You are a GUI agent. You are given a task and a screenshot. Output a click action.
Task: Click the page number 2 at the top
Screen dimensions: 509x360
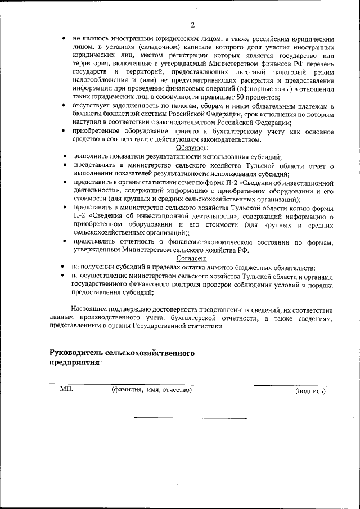[x=192, y=25]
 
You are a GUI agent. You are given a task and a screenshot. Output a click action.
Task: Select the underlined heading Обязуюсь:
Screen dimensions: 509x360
[x=192, y=147]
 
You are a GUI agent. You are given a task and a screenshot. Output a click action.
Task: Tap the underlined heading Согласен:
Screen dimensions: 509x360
[x=192, y=258]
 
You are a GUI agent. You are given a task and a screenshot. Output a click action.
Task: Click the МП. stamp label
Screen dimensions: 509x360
[x=66, y=389]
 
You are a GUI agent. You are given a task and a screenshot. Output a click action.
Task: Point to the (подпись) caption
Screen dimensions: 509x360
[x=310, y=391]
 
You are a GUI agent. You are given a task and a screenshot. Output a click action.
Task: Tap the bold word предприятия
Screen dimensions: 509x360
[x=74, y=363]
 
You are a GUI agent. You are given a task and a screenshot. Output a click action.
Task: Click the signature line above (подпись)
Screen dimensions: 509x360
[x=289, y=385]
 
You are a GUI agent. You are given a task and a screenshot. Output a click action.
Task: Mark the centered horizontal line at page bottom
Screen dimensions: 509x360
[x=190, y=418]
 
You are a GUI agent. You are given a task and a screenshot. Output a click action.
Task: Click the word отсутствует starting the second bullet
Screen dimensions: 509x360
[x=94, y=106]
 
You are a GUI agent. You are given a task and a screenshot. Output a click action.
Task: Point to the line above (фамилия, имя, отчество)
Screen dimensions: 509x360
[x=121, y=385]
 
